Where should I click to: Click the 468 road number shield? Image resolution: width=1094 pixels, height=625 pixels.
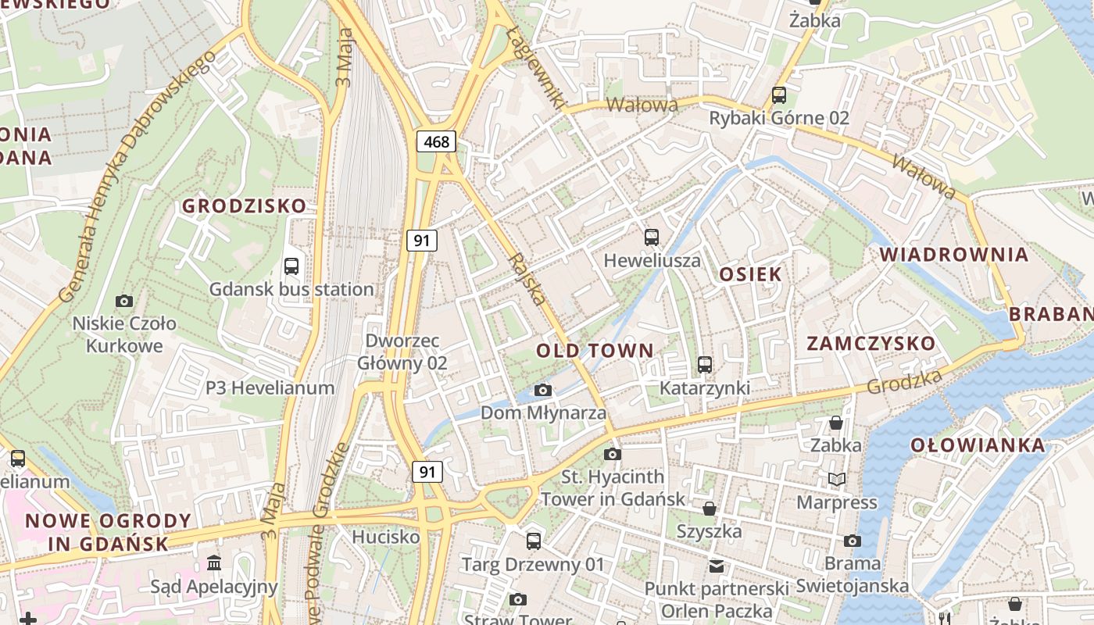point(436,141)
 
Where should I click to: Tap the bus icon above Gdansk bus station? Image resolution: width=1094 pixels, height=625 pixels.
point(291,266)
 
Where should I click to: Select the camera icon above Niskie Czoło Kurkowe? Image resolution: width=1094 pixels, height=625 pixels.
point(123,301)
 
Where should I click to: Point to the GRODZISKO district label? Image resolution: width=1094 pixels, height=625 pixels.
point(244,206)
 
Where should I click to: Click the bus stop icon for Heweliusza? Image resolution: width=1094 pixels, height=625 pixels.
point(652,237)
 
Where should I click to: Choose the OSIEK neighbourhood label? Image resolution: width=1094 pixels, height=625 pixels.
point(750,274)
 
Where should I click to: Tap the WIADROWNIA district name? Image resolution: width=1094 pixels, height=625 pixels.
point(954,255)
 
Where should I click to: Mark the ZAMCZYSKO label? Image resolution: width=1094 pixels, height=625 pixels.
point(871,344)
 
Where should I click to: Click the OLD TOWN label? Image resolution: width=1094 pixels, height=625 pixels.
point(595,351)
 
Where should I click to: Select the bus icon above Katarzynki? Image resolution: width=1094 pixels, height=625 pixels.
point(705,365)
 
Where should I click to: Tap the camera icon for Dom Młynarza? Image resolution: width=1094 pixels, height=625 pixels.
point(543,390)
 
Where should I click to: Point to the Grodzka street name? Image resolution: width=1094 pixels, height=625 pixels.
point(904,382)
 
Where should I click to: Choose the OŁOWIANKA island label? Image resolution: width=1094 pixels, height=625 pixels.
point(977,445)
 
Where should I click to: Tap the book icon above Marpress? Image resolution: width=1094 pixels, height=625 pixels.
point(836,479)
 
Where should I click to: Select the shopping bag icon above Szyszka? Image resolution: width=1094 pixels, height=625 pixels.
point(710,509)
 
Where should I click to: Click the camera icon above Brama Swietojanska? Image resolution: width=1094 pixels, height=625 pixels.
point(853,541)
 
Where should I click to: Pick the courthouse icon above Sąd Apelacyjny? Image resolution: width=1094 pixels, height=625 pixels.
point(214,563)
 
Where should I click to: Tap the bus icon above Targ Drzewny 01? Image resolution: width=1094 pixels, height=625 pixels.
point(534,541)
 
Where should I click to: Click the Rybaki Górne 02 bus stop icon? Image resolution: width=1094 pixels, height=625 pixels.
point(779,95)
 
